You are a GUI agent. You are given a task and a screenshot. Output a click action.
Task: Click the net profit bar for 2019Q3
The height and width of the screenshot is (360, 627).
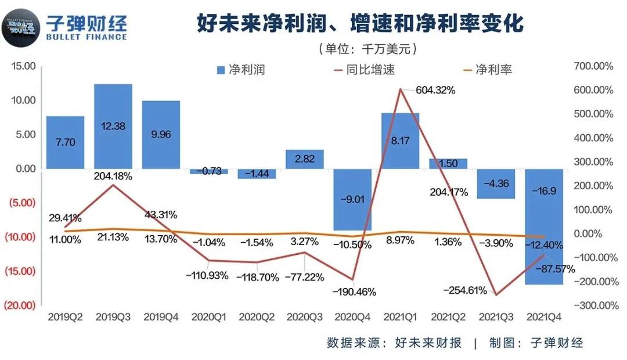click(x=113, y=126)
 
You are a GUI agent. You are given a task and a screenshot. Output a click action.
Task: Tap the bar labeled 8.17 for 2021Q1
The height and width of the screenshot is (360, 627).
click(x=400, y=141)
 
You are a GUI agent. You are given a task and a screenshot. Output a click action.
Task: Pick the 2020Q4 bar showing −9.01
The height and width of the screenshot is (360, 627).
click(x=352, y=199)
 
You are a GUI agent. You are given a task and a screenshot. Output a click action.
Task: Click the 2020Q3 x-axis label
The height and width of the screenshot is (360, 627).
click(x=304, y=318)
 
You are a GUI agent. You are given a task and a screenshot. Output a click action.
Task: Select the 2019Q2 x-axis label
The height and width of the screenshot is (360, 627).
click(x=66, y=318)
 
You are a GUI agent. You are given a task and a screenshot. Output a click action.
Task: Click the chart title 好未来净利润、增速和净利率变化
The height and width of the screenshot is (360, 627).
click(x=360, y=23)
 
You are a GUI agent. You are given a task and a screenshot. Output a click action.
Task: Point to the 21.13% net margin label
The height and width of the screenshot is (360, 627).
click(x=113, y=239)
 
